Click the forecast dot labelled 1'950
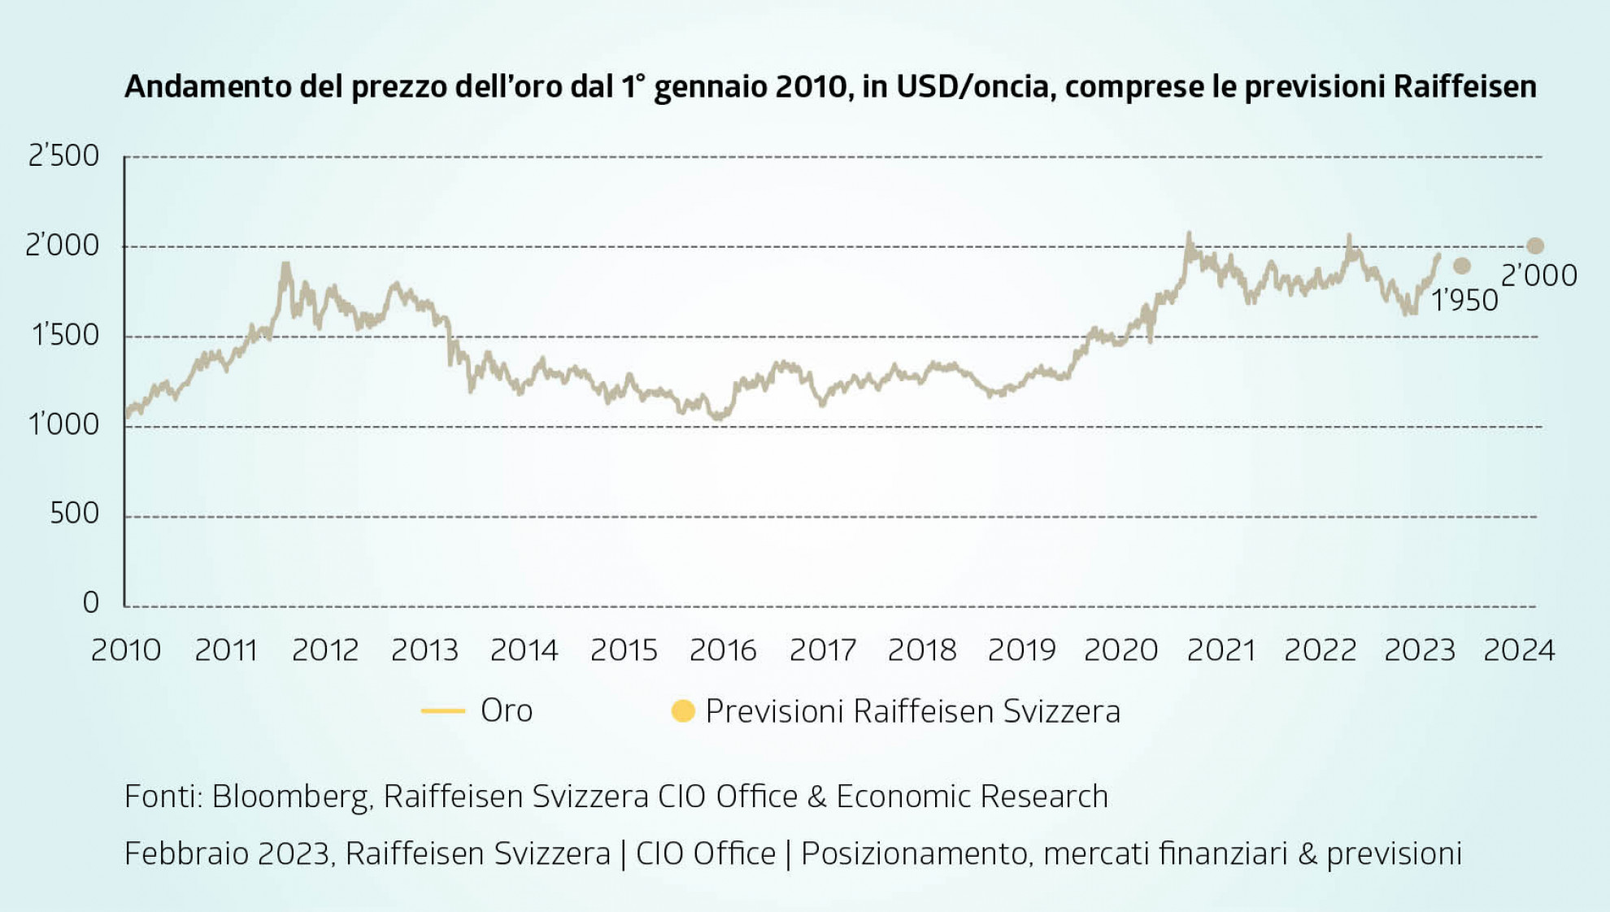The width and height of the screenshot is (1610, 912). (1462, 266)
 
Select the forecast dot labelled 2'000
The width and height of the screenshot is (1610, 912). (1535, 245)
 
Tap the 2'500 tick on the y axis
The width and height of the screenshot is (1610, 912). (63, 155)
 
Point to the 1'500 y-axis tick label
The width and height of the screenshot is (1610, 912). (65, 335)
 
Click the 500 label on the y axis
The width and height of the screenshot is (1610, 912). (74, 514)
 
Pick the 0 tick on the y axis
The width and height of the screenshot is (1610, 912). (90, 603)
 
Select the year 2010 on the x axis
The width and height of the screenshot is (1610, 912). (126, 650)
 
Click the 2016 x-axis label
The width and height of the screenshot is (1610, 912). (723, 650)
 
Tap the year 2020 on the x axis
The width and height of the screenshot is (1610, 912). (1120, 650)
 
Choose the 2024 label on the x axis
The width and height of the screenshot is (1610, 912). (1519, 650)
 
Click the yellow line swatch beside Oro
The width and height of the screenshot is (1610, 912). (443, 711)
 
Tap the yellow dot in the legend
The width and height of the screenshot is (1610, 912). (683, 711)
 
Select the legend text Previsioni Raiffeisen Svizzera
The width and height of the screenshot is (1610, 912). (912, 711)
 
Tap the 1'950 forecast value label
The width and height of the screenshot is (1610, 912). (1464, 301)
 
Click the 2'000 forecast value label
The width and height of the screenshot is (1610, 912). (1538, 276)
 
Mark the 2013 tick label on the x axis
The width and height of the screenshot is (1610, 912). (424, 650)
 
